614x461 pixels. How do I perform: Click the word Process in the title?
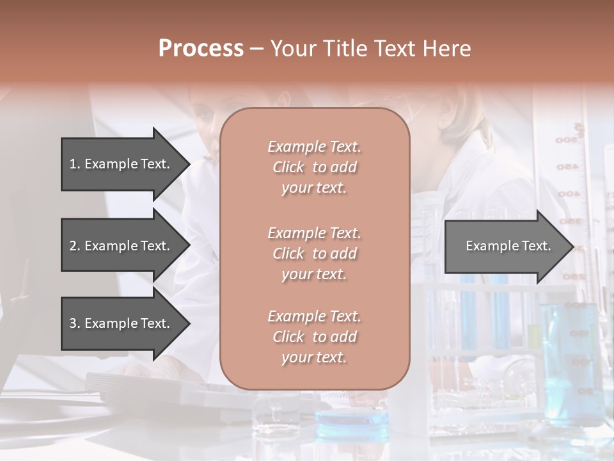201,49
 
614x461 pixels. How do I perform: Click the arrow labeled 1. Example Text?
122,164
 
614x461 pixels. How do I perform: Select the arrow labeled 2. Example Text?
122,246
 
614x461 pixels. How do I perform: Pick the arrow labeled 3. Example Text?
122,323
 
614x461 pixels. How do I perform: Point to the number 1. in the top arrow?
75,164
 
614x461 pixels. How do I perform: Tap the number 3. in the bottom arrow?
75,323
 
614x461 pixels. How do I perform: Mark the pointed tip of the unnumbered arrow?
571,247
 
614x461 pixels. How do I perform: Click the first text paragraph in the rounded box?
314,167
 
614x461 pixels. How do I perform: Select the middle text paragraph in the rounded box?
314,254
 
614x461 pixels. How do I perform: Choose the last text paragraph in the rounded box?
314,337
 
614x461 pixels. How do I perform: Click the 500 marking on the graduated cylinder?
567,140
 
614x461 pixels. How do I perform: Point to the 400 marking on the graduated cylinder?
567,193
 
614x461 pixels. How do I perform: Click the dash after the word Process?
256,49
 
